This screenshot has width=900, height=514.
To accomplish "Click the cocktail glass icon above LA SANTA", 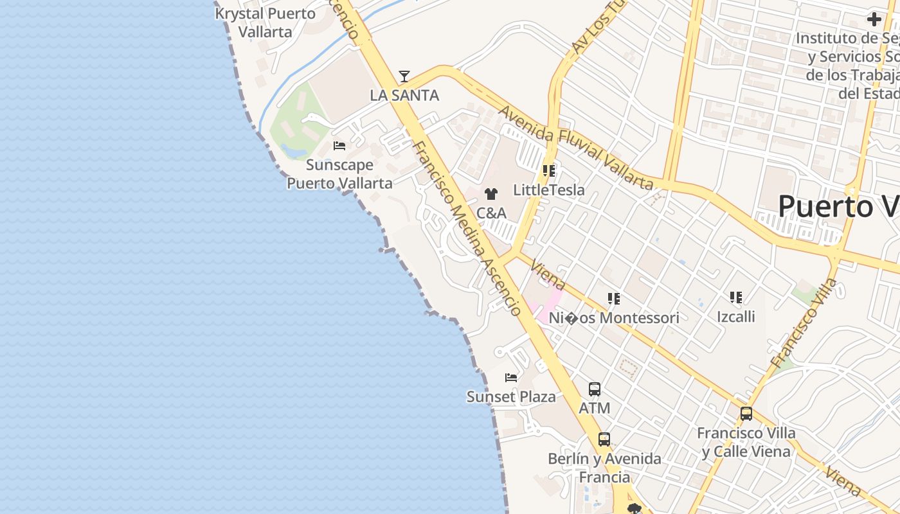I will [x=404, y=77].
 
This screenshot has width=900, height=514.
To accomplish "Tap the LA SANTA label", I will [x=404, y=96].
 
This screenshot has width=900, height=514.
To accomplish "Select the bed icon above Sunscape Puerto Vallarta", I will [x=339, y=146].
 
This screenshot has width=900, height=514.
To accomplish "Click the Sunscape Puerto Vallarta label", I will [x=339, y=174].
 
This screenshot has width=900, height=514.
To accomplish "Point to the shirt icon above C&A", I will [x=491, y=194].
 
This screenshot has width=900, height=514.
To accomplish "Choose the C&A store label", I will [x=491, y=213].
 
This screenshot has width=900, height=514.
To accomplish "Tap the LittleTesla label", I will [x=549, y=190].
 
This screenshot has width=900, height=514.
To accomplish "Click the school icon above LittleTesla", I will [x=548, y=171].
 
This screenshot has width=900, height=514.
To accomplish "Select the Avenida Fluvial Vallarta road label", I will [x=575, y=148].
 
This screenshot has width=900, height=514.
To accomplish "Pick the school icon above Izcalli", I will [x=735, y=297].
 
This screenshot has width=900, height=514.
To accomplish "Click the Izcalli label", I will [x=736, y=317].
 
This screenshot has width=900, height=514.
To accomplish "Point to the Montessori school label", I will [x=614, y=318].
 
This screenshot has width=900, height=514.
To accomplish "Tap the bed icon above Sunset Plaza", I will [x=511, y=378].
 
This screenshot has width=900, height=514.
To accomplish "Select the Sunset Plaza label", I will [x=511, y=396].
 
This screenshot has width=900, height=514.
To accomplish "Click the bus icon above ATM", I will [x=595, y=389].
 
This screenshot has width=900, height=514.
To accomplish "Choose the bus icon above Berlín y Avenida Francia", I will [x=604, y=439].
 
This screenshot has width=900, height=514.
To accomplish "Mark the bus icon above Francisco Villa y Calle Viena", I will [x=746, y=414].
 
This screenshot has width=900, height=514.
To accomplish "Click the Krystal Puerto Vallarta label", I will [x=265, y=22].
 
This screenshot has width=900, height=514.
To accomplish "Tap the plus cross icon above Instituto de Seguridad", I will [x=874, y=19].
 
